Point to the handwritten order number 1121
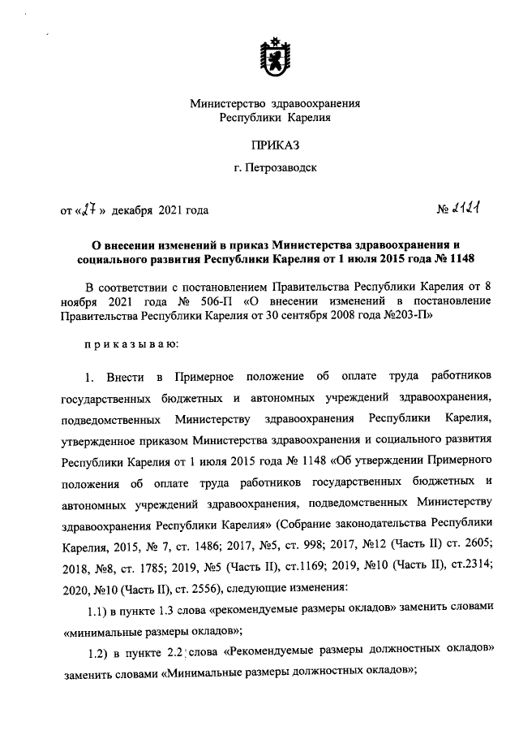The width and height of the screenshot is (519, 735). pos(464,210)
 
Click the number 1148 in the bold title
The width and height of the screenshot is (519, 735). pos(457,258)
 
